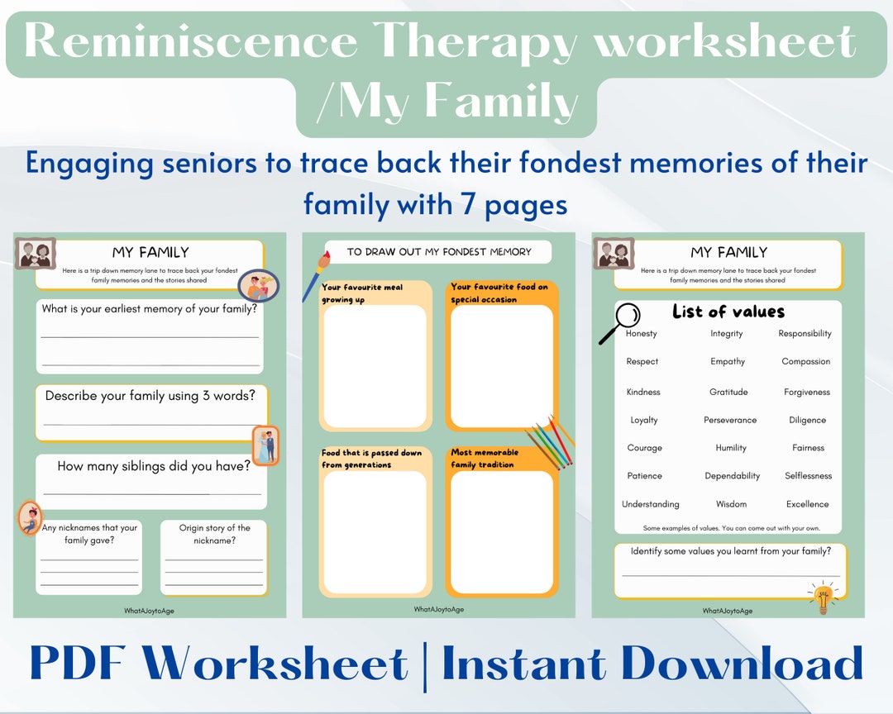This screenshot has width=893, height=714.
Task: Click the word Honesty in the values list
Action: [641, 334]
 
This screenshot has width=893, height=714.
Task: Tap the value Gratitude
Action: [728, 393]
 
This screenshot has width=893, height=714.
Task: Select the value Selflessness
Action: [808, 476]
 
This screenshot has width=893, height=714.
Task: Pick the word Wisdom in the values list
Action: [731, 504]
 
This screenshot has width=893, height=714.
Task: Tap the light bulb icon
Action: [823, 597]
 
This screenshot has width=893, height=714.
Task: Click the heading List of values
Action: [728, 312]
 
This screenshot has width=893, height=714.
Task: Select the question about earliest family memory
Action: [150, 309]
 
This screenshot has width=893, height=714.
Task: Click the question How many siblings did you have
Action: [154, 466]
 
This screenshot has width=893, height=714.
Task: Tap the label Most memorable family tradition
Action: [485, 459]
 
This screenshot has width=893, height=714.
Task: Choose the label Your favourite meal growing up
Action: [362, 293]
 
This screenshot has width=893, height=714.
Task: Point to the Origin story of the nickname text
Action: [214, 534]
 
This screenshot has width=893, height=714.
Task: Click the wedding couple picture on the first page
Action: [265, 445]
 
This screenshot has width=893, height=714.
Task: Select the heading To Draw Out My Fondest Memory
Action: [438, 252]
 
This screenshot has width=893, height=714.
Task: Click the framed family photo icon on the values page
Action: [614, 254]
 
